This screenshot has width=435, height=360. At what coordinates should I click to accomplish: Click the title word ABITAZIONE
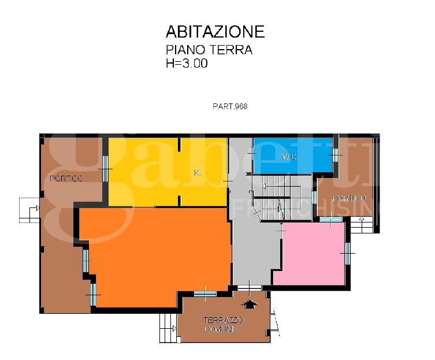click(x=215, y=31)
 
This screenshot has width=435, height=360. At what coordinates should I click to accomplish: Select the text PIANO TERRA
click(x=209, y=50)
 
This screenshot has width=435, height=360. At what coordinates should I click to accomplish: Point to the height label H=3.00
click(x=187, y=64)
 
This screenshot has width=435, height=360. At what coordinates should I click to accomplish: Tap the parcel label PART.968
click(x=230, y=106)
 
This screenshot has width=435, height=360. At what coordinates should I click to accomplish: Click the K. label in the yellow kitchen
click(x=198, y=173)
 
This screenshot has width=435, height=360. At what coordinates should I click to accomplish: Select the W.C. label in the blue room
click(x=289, y=157)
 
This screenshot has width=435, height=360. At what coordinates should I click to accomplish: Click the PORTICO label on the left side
click(x=66, y=179)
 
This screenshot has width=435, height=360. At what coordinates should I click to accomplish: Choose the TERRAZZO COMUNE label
click(x=223, y=324)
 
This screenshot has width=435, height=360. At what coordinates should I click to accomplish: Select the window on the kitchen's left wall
click(x=105, y=168)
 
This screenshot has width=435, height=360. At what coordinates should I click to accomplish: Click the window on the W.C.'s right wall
click(x=334, y=155)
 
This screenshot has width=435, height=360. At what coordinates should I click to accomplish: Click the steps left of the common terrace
click(x=168, y=328)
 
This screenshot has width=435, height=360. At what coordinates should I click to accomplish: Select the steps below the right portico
click(x=363, y=224)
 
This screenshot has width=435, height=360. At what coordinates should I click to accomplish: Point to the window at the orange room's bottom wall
click(x=205, y=294)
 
